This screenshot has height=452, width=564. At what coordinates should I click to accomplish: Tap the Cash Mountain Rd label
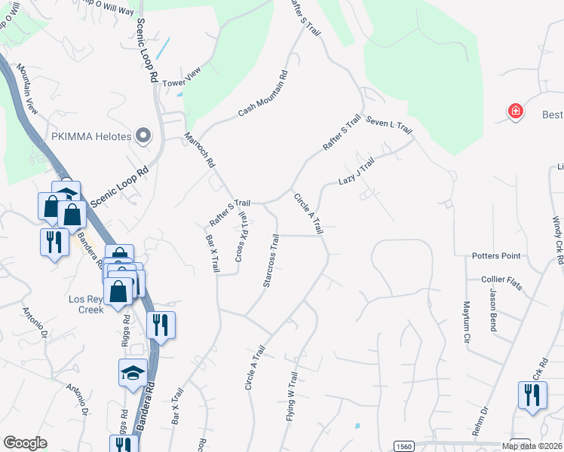coord(263,93)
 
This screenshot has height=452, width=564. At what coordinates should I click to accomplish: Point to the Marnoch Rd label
coord(200,151)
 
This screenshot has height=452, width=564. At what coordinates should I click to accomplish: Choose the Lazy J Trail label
coord(356,173)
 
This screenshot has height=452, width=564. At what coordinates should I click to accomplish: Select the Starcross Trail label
coord(270,260)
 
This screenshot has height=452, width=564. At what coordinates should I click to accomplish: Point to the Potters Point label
coord(497,256)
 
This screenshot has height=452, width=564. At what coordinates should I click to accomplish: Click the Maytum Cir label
coord(464,319)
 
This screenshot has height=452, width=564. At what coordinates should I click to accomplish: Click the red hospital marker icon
coord(516,112)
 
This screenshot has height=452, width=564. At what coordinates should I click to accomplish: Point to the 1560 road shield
coord(404,446)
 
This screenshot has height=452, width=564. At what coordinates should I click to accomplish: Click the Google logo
coord(25,443)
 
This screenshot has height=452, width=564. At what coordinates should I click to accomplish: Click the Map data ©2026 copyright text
coord(532,446)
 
